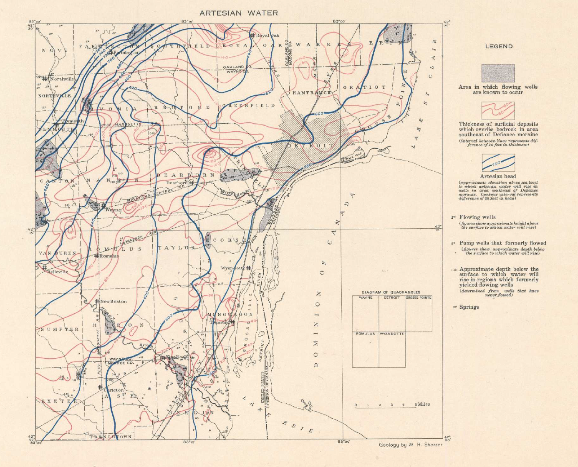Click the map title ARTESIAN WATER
pyautogui.click(x=238, y=13)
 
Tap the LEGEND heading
pyautogui.click(x=498, y=46)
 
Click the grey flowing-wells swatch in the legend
pyautogui.click(x=498, y=73)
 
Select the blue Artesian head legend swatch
pyautogui.click(x=498, y=163)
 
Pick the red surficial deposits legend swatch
pyautogui.click(x=498, y=111)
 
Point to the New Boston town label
pyautogui.click(x=114, y=301)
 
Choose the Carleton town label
pyautogui.click(x=114, y=390)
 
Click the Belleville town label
pyautogui.click(x=57, y=272)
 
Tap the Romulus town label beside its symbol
pyautogui.click(x=109, y=256)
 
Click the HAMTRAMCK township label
pyautogui.click(x=312, y=92)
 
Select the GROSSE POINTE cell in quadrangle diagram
pyautogui.click(x=418, y=298)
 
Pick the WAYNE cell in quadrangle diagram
pyautogui.click(x=365, y=298)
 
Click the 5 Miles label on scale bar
pyautogui.click(x=422, y=404)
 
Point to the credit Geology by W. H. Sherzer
pyautogui.click(x=411, y=445)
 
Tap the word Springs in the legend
pyautogui.click(x=469, y=307)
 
